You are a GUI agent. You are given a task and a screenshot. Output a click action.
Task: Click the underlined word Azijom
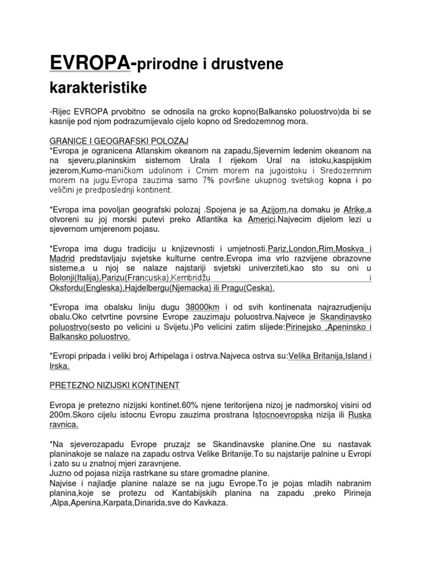coord(274,210)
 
